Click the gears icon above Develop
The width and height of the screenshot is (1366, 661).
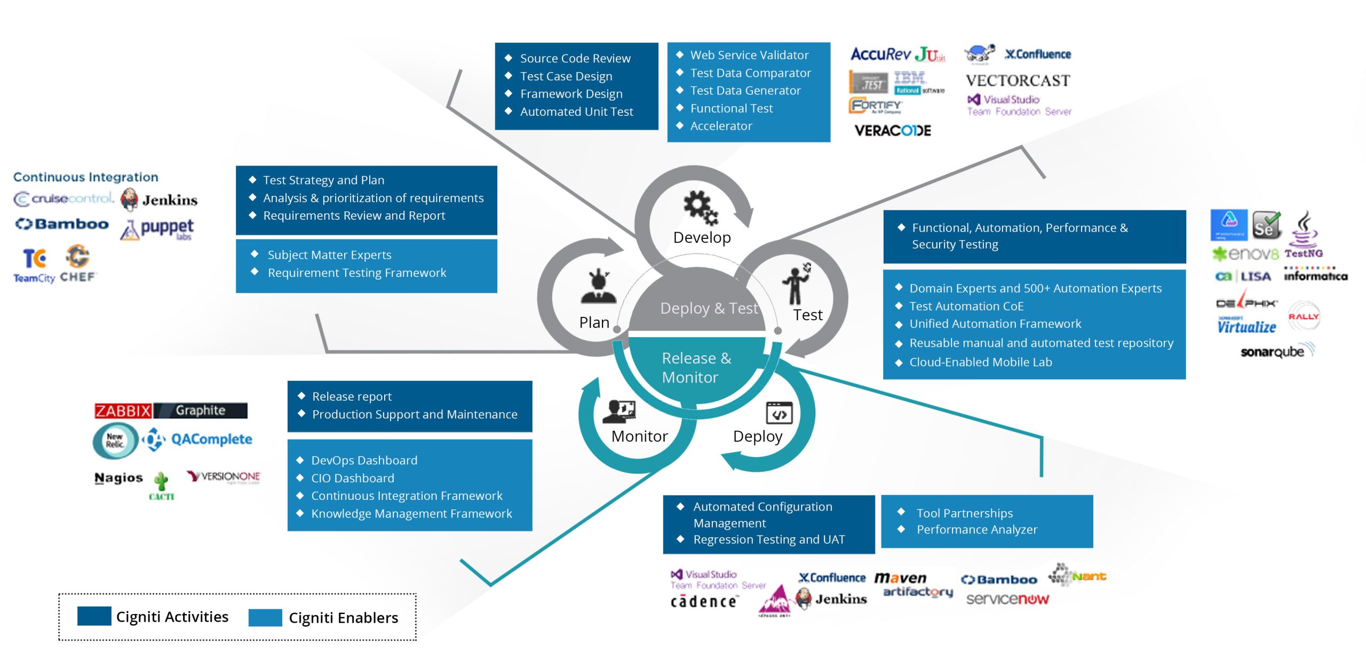click(701, 207)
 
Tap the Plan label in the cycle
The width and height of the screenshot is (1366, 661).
click(594, 322)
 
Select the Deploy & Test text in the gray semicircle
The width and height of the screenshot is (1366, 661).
click(709, 308)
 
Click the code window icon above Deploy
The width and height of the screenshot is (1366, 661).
click(779, 413)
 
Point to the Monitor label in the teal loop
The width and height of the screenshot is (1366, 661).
click(639, 436)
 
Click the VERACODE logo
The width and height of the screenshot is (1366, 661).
click(892, 131)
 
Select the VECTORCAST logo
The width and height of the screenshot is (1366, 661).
click(1018, 81)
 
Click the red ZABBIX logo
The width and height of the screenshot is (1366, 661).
click(123, 411)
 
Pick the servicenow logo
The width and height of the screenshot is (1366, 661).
click(1007, 599)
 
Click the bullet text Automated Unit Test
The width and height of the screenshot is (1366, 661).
click(576, 112)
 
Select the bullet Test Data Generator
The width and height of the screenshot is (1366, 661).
click(745, 91)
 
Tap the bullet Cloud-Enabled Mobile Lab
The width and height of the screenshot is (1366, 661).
click(980, 362)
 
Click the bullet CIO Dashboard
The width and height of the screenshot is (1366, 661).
click(353, 478)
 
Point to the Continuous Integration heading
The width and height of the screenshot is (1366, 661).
click(85, 177)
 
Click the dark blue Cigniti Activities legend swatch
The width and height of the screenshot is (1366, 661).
click(94, 616)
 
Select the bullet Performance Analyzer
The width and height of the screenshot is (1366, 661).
click(976, 530)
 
